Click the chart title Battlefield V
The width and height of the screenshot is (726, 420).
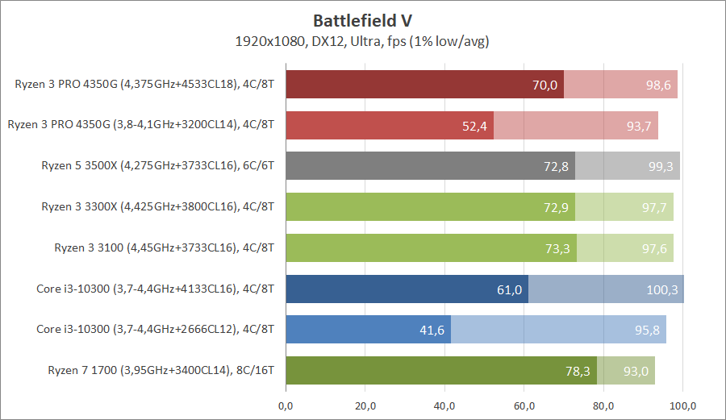[x=363, y=20]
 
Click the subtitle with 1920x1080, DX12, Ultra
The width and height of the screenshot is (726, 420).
[x=363, y=40]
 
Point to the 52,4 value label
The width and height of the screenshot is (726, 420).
[x=475, y=126]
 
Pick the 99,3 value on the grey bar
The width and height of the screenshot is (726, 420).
[x=661, y=167]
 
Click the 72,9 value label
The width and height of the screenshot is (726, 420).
[x=557, y=208]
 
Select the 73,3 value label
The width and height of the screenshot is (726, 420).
[x=557, y=249]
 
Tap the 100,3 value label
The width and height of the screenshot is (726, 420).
[x=662, y=289]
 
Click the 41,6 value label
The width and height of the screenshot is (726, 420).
[x=432, y=331]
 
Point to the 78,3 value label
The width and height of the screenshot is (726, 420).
[x=578, y=372]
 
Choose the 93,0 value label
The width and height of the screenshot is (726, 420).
[x=636, y=372]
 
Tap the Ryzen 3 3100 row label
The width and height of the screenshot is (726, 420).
[x=165, y=247]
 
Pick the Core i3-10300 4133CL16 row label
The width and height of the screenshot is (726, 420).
[x=156, y=289]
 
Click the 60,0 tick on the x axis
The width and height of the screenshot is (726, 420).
[x=524, y=405]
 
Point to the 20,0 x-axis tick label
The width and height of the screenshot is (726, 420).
[x=365, y=405]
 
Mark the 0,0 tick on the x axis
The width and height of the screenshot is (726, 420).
[x=286, y=405]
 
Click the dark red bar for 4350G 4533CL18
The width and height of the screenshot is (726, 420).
[x=423, y=85]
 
